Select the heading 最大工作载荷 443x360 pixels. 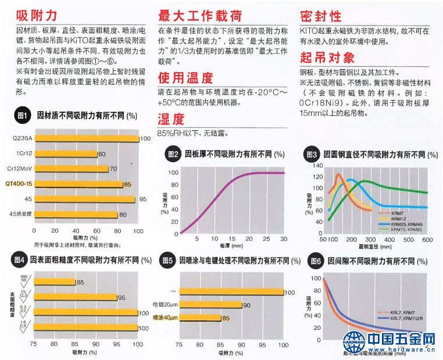(x=200, y=15)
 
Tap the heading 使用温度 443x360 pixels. (x=185, y=77)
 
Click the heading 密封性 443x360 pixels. (x=320, y=15)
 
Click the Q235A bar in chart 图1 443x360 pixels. (x=87, y=138)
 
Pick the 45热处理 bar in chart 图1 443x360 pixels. (x=76, y=215)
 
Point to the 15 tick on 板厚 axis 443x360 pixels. (x=232, y=239)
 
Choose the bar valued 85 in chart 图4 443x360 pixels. (x=55, y=282)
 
